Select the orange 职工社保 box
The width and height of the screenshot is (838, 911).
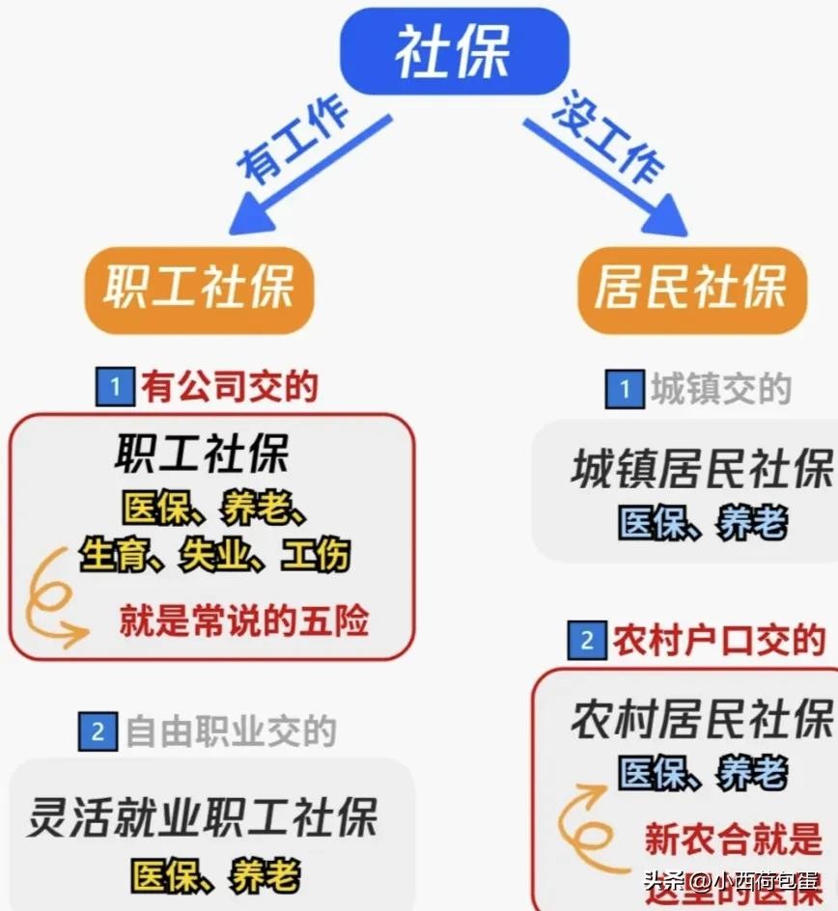pyautogui.click(x=199, y=288)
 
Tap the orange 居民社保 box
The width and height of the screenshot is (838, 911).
pyautogui.click(x=691, y=288)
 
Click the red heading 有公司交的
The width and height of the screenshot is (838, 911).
pyautogui.click(x=230, y=387)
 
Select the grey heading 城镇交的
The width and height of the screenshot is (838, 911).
pyautogui.click(x=720, y=389)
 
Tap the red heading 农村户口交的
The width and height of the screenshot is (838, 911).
pyautogui.click(x=719, y=640)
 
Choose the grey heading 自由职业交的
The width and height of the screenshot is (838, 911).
pyautogui.click(x=231, y=732)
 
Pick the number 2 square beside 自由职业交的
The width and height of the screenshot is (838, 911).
pyautogui.click(x=98, y=732)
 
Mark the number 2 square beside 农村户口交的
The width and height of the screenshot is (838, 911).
pyautogui.click(x=587, y=641)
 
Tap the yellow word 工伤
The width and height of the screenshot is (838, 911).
pyautogui.click(x=315, y=556)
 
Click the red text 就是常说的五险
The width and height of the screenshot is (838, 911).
pyautogui.click(x=244, y=621)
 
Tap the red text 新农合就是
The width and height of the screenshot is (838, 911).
pyautogui.click(x=733, y=840)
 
